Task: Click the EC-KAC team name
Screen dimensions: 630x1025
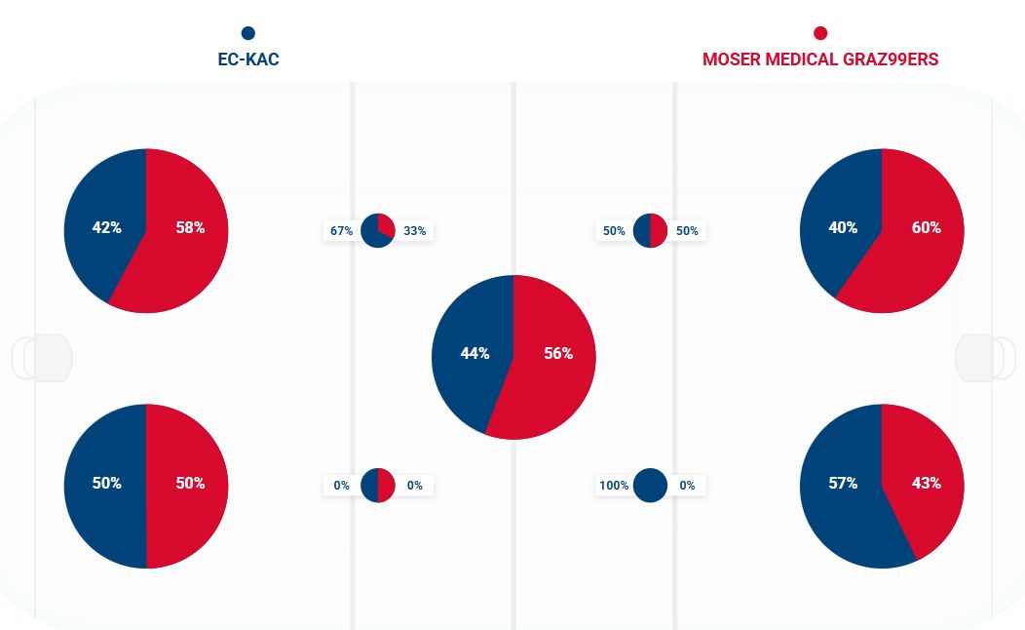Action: point(248,59)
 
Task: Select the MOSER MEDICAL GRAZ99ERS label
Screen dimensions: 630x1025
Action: point(820,59)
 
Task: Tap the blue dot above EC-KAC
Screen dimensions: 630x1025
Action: point(248,33)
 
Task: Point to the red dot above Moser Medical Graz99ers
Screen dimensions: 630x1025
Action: point(820,33)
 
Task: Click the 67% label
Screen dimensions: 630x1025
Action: point(341,231)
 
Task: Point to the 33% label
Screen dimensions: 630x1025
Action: point(414,231)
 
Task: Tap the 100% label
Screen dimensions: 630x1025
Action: point(614,485)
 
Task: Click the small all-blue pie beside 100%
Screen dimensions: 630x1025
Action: point(650,485)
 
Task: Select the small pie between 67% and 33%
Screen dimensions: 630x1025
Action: point(378,231)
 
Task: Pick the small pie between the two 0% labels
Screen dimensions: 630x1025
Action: point(378,485)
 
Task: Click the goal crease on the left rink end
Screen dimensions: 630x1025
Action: point(43,358)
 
